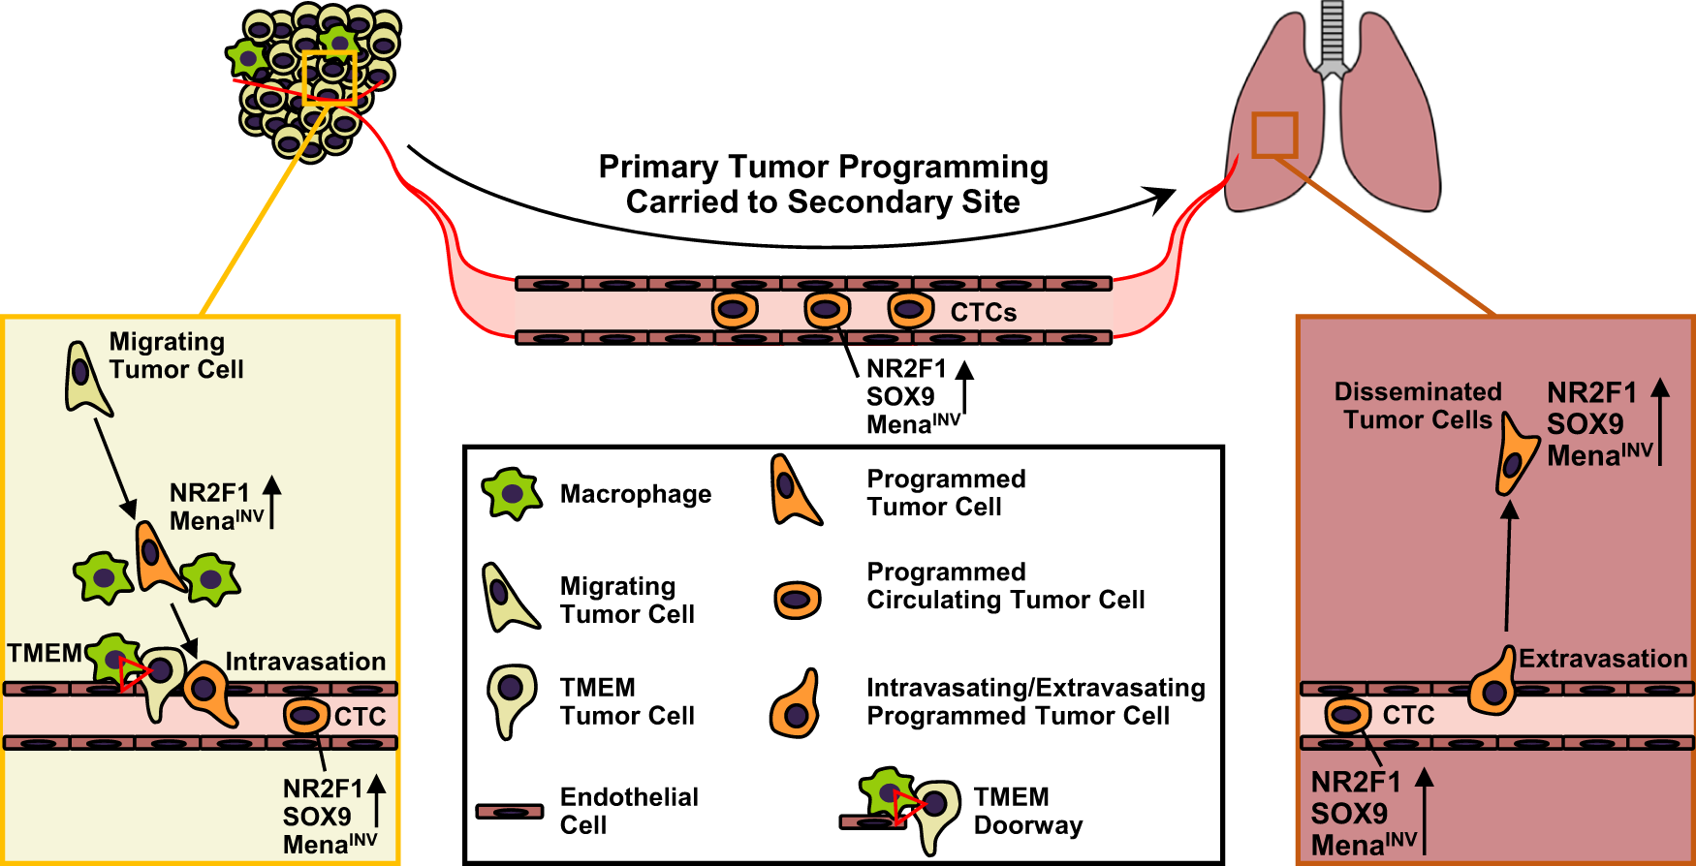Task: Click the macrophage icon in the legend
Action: [x=511, y=494]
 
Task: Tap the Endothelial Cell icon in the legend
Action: [x=510, y=812]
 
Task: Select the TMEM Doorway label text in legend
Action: [x=1027, y=811]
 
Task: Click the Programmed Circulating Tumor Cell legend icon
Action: [x=797, y=600]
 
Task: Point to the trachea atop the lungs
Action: [x=1333, y=34]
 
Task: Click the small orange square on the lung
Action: [x=1274, y=135]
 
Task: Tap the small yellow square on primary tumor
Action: [x=330, y=77]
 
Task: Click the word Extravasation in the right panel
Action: [x=1602, y=659]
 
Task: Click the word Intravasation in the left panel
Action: [x=305, y=662]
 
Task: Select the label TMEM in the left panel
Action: [x=45, y=653]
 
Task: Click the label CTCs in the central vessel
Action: [x=983, y=313]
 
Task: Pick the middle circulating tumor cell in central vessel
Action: [x=827, y=311]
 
